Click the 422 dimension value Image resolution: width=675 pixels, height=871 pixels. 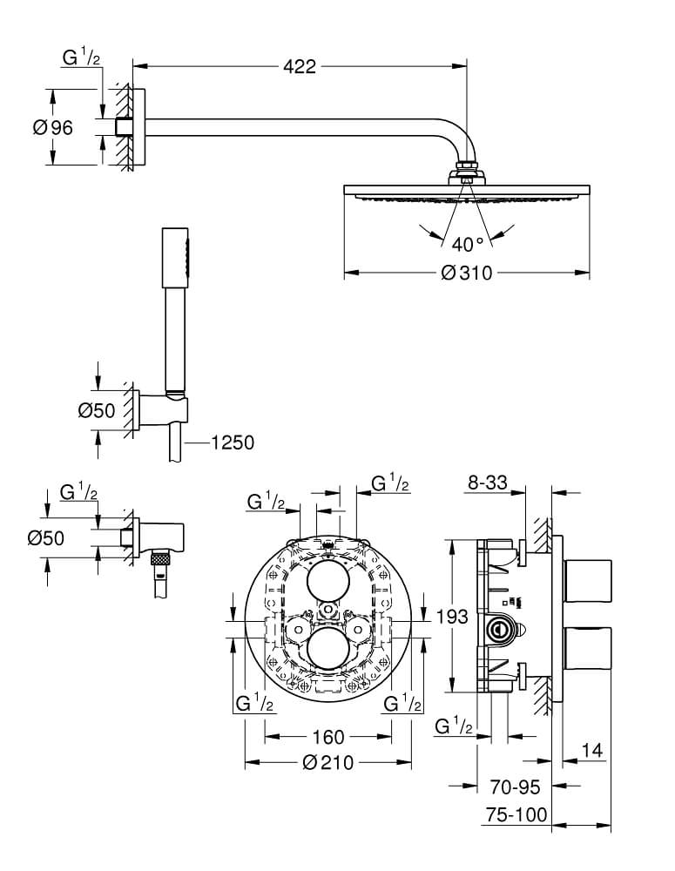click(298, 67)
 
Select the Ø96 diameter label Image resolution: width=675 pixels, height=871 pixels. click(52, 127)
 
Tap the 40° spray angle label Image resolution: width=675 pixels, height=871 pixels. click(467, 243)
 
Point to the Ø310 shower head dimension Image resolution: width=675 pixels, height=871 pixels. click(467, 273)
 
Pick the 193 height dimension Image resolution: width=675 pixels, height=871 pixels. click(453, 617)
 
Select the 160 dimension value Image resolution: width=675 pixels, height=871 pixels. click(327, 738)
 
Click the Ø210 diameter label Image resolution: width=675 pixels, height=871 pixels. click(327, 763)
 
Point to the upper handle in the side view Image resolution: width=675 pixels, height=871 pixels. click(590, 581)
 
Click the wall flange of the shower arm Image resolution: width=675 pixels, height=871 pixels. click(127, 127)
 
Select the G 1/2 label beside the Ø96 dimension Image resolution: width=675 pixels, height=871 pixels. click(82, 58)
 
